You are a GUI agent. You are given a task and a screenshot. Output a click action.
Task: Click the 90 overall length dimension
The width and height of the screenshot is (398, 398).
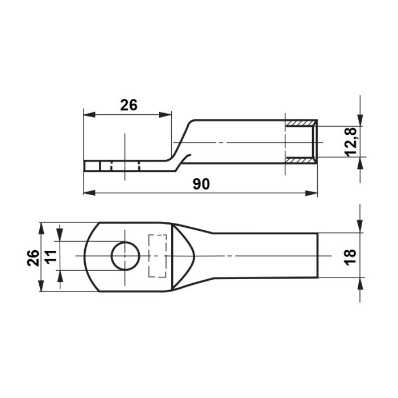pos(201,184)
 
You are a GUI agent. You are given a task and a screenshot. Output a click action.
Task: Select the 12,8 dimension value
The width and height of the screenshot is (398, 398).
pos(351,142)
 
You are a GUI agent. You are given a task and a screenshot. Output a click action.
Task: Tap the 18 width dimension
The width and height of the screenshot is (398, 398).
pos(351,258)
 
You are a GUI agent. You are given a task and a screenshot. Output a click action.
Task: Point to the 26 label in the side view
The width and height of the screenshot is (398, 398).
pos(128,105)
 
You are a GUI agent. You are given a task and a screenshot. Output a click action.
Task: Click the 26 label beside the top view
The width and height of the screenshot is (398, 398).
pos(33,258)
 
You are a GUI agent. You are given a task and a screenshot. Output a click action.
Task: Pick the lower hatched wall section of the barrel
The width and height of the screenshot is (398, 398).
pos(300,160)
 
